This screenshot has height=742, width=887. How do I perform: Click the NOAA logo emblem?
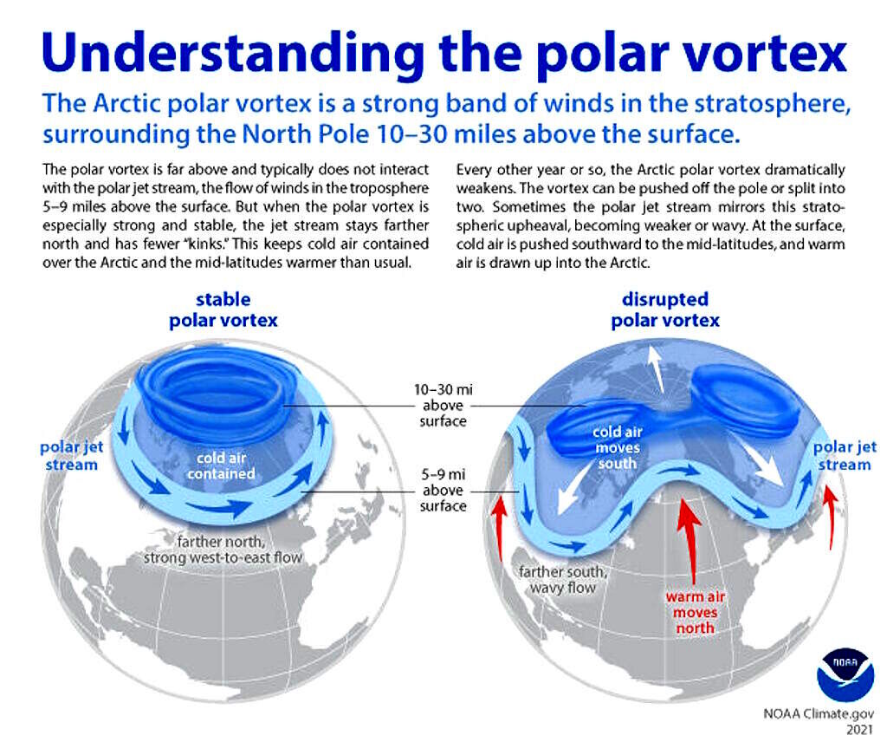click(845, 674)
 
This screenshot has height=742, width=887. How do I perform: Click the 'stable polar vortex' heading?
click(223, 309)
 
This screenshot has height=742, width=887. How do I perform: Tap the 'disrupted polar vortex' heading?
click(664, 309)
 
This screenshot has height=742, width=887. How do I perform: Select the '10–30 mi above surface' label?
click(443, 406)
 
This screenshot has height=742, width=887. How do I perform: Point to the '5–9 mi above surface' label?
click(443, 490)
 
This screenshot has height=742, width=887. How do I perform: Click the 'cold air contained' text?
click(221, 465)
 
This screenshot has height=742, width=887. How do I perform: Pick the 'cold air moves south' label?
click(617, 447)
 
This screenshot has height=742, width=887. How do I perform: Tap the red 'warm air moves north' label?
click(696, 612)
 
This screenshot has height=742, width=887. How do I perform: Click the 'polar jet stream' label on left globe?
click(71, 456)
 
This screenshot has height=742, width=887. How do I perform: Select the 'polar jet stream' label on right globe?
click(845, 456)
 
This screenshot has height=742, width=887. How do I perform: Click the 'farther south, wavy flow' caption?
click(563, 580)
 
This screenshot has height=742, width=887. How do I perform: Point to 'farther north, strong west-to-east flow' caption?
click(223, 550)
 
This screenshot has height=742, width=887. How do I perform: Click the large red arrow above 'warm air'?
click(689, 541)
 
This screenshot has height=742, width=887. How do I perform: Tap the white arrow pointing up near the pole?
click(657, 368)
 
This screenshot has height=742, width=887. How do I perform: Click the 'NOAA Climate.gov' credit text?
click(819, 713)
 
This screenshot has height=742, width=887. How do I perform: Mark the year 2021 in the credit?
click(860, 730)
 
